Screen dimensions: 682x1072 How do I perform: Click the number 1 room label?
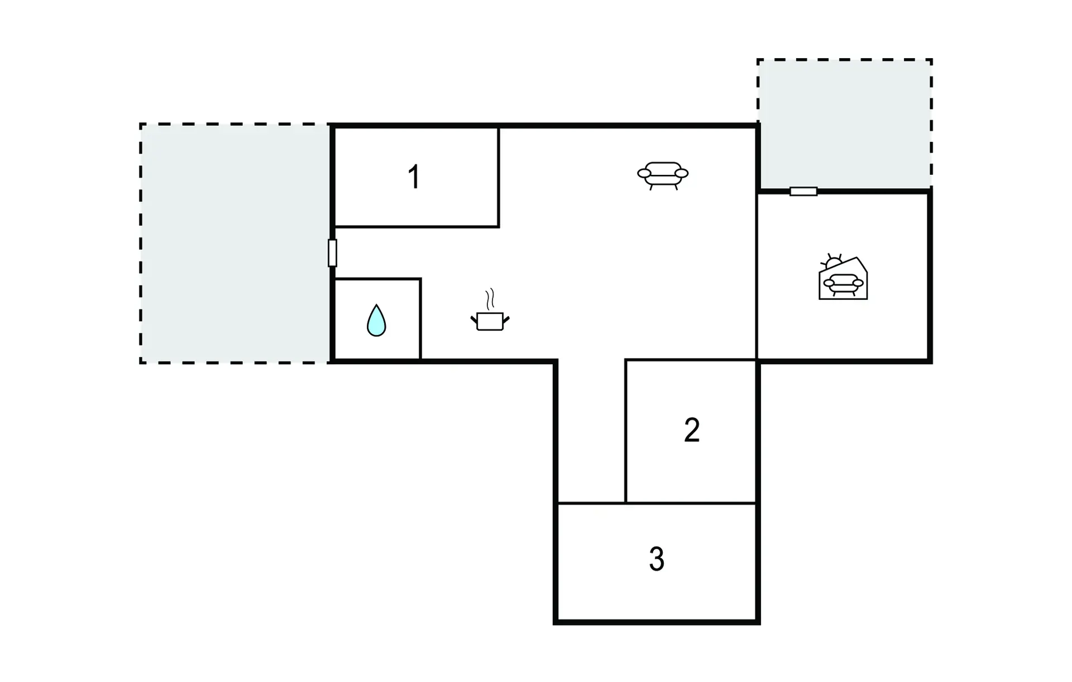pyautogui.click(x=414, y=177)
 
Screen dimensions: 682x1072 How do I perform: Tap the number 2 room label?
pyautogui.click(x=692, y=430)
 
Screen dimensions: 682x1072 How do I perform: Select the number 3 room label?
pyautogui.click(x=657, y=559)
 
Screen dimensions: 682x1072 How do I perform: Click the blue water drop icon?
pyautogui.click(x=376, y=321)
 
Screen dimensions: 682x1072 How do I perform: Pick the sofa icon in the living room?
pyautogui.click(x=663, y=175)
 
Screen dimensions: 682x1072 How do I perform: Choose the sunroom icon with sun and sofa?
pyautogui.click(x=843, y=279)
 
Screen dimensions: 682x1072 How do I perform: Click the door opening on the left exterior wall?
pyautogui.click(x=332, y=253)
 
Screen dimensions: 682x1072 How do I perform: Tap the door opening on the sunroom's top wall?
pyautogui.click(x=803, y=192)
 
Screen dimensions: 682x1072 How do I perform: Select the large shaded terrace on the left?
pyautogui.click(x=234, y=243)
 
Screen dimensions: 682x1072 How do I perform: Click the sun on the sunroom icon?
pyautogui.click(x=833, y=261)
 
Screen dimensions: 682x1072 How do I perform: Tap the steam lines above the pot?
pyautogui.click(x=490, y=299)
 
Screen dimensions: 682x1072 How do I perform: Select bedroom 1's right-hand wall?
pyautogui.click(x=499, y=177)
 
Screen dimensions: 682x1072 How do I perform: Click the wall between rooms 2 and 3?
pyautogui.click(x=691, y=503)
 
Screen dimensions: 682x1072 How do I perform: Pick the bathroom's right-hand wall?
pyautogui.click(x=420, y=318)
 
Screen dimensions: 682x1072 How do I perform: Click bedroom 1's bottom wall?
pyautogui.click(x=416, y=227)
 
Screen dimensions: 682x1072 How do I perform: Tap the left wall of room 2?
pyautogui.click(x=626, y=430)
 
